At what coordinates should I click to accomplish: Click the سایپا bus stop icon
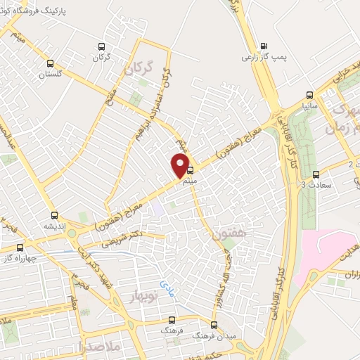(x=309, y=94)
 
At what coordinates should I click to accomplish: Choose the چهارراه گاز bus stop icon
(x=20, y=247)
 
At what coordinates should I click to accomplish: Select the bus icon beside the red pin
(x=190, y=169)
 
